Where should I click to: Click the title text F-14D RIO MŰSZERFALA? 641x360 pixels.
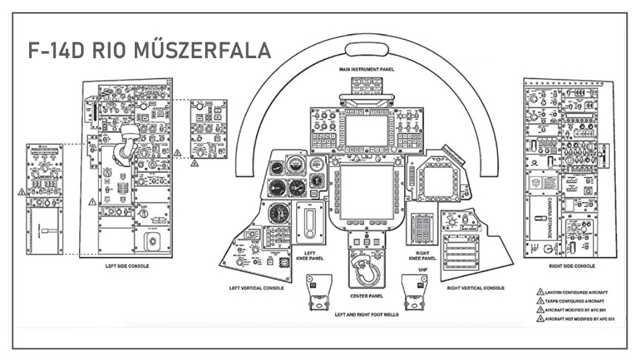151,50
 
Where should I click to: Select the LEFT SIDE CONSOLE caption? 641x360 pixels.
127,266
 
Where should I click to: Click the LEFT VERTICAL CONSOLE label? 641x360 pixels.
255,288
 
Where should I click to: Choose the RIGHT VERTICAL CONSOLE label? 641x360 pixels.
475,288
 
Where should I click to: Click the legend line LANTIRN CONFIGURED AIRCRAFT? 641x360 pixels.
575,292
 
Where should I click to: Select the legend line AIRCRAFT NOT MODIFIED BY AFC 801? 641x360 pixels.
578,318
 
